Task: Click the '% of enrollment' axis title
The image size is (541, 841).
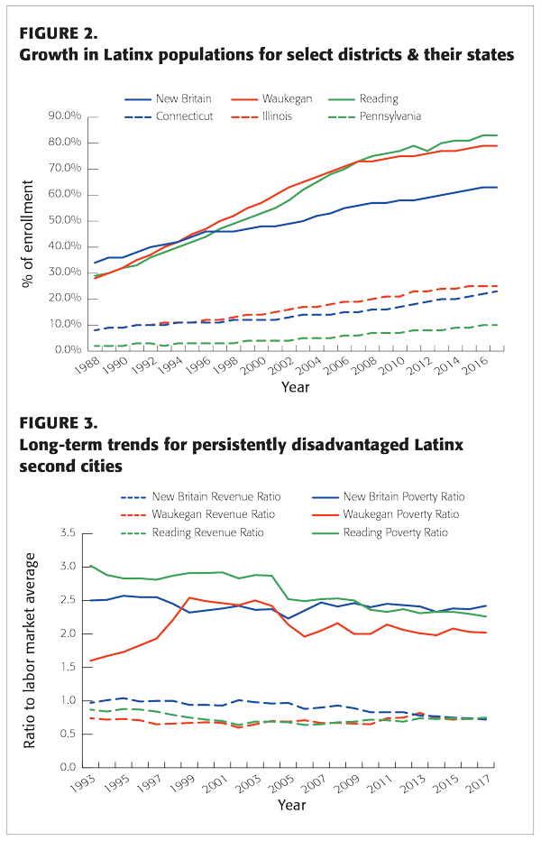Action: (x=30, y=233)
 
